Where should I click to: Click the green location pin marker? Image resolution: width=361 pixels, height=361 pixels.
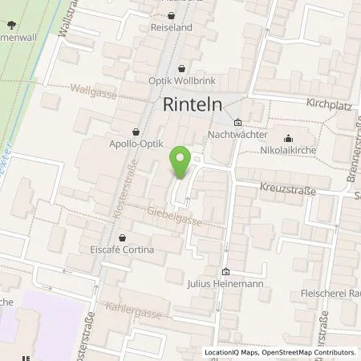(181, 162)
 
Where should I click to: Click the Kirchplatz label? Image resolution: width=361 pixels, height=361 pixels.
(330, 105)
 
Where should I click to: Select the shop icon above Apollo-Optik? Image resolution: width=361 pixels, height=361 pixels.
(135, 133)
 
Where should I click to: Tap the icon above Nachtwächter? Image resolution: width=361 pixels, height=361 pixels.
(237, 123)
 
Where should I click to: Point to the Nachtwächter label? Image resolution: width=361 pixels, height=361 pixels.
(237, 135)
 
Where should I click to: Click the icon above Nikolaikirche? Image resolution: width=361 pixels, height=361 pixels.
(289, 137)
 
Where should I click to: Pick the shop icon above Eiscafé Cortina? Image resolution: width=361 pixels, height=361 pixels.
(122, 237)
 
